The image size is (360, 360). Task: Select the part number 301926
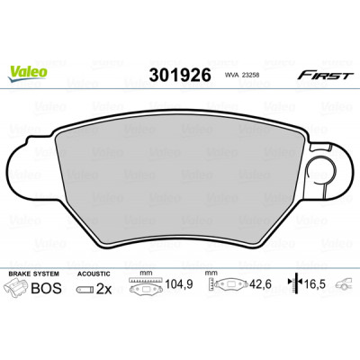(x=180, y=76)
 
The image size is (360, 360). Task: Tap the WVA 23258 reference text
(x=242, y=76)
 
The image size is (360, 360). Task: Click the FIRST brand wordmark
(x=325, y=76)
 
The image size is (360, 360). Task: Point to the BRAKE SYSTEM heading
(x=34, y=274)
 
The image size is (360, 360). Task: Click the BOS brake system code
(x=47, y=288)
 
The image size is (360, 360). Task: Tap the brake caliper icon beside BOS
(x=17, y=287)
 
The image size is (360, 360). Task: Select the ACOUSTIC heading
(x=94, y=274)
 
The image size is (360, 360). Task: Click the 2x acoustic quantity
(x=103, y=289)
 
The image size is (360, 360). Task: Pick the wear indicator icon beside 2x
(x=85, y=290)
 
